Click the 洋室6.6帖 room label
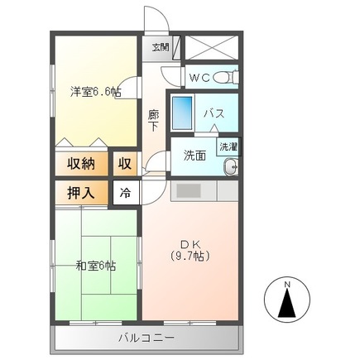(95, 92)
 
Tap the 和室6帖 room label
(95, 266)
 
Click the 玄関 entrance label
(161, 47)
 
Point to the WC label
(199, 78)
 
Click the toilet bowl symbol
(224, 78)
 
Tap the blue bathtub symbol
(184, 112)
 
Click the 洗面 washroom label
(194, 154)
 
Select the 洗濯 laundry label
(226, 146)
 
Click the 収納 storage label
(80, 163)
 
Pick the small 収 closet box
(124, 163)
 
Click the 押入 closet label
(80, 193)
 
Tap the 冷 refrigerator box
(125, 193)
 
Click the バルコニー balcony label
(146, 338)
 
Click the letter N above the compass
(287, 286)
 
